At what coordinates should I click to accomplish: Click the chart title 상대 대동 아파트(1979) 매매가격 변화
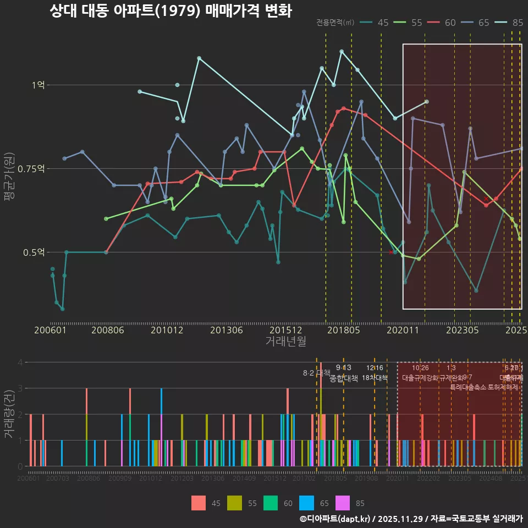[x=170, y=11]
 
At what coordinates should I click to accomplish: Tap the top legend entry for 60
[x=443, y=23]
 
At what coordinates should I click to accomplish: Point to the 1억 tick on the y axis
[x=38, y=85]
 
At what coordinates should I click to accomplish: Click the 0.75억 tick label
[x=31, y=168]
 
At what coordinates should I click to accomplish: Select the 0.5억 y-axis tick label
[x=34, y=252]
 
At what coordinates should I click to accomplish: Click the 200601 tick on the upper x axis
[x=50, y=330]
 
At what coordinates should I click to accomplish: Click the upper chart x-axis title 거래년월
[x=285, y=341]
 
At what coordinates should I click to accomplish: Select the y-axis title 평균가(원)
[x=9, y=185]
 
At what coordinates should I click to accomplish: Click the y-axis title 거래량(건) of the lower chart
[x=9, y=414]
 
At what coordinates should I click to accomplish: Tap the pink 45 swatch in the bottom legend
[x=199, y=503]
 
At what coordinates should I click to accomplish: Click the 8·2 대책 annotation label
[x=316, y=372]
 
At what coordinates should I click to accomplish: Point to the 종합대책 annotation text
[x=343, y=378]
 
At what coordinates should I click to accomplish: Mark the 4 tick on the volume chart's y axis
[x=20, y=362]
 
